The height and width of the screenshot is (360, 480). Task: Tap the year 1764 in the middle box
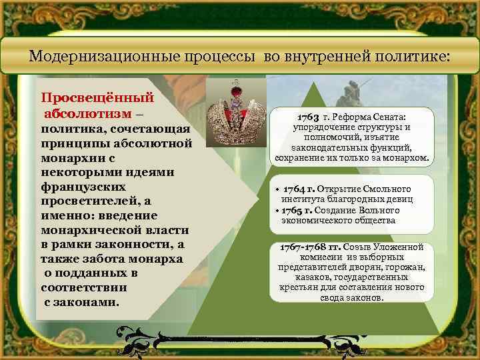coord(296,189)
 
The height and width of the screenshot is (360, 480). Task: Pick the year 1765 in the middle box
coord(296,210)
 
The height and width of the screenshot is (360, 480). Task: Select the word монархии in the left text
coord(69,158)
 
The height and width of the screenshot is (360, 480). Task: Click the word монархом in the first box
coord(407,159)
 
